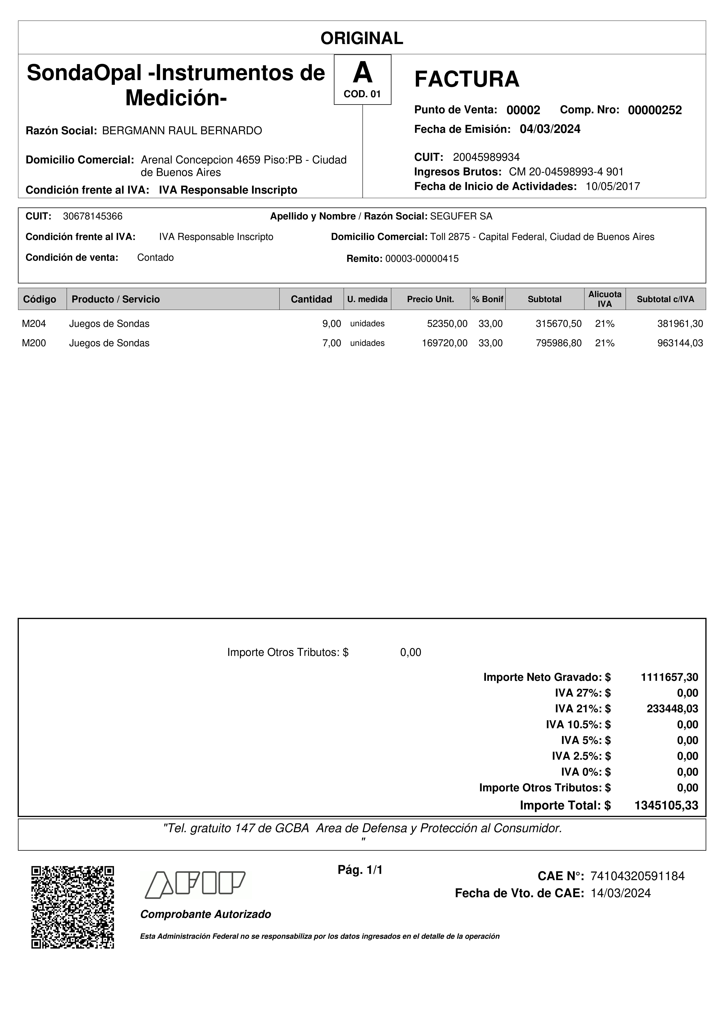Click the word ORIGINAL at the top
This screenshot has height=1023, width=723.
pyautogui.click(x=362, y=38)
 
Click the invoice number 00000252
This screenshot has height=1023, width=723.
pyautogui.click(x=654, y=110)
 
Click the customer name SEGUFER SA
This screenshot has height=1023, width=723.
pyautogui.click(x=461, y=216)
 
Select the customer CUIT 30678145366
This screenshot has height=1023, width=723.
pyautogui.click(x=93, y=216)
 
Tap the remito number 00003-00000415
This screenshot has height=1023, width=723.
pyautogui.click(x=421, y=259)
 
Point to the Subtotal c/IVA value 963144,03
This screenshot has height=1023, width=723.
pyautogui.click(x=680, y=343)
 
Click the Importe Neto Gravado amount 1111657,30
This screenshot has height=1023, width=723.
pyautogui.click(x=669, y=677)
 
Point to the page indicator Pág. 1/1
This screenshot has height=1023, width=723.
pyautogui.click(x=360, y=870)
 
